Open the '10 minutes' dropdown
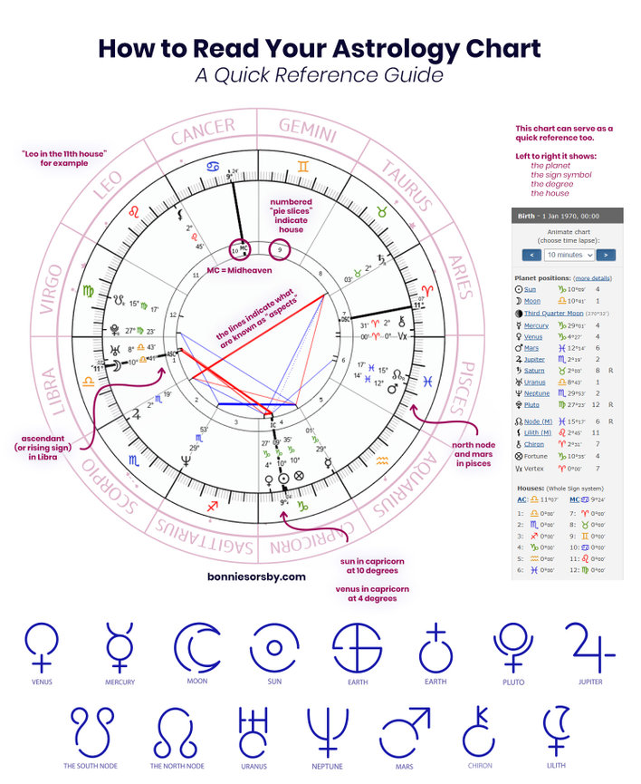(x=569, y=255)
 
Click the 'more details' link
(x=592, y=277)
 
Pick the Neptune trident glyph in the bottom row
(x=327, y=732)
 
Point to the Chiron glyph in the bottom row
(x=479, y=732)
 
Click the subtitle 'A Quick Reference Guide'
(x=319, y=75)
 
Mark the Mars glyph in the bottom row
(x=405, y=732)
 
